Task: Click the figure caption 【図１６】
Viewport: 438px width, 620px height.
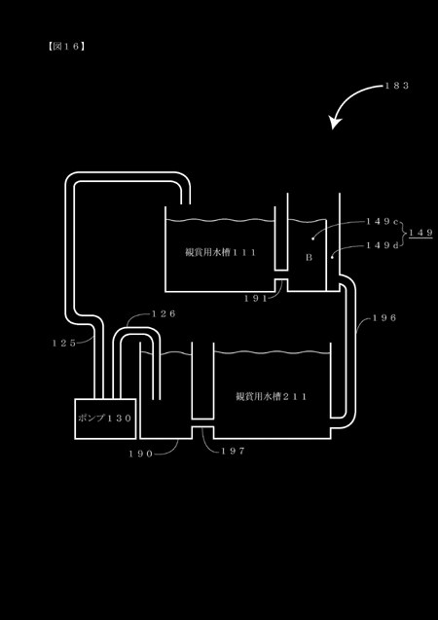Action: coord(66,47)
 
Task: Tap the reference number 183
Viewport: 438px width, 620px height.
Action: coord(397,86)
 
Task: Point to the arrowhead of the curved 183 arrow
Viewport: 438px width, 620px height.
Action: coord(335,123)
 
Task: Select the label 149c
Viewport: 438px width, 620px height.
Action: coord(382,222)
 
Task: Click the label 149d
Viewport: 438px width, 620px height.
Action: coord(383,245)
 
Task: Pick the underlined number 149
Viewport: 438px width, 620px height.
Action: coord(420,233)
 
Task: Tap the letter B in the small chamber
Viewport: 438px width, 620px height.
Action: coord(310,258)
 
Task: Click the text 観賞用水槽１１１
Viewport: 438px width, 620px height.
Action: coord(221,252)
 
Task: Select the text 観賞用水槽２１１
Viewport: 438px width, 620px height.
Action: coord(272,396)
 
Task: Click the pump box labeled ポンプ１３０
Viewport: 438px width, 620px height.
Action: coord(105,419)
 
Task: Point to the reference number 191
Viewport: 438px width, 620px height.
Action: coord(255,299)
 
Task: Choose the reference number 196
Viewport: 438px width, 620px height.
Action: coord(384,317)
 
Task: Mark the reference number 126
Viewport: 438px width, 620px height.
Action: coord(164,314)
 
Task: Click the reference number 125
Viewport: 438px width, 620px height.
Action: coord(64,344)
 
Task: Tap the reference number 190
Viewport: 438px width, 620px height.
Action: coord(141,454)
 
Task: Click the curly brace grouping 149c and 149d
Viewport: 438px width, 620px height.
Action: coord(403,234)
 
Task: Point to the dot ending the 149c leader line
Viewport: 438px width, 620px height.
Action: coord(312,238)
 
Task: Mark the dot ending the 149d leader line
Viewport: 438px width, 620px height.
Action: coord(332,257)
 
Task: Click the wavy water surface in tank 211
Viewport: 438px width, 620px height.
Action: coord(272,352)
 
